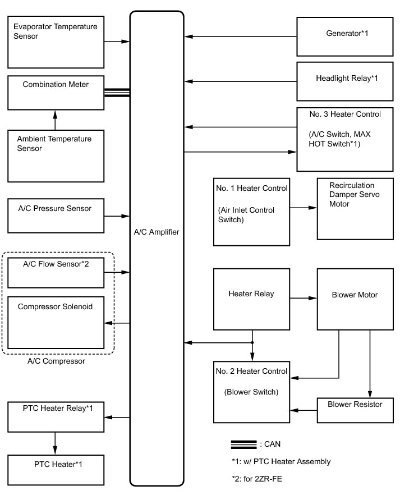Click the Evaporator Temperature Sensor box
tap(56, 42)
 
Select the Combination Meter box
tap(56, 93)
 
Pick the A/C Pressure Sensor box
tap(56, 216)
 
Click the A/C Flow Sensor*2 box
tap(56, 272)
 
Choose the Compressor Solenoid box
tap(56, 323)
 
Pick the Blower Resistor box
tap(355, 410)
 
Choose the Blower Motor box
tap(355, 299)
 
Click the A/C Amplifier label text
tap(157, 232)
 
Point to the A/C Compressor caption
tap(56, 361)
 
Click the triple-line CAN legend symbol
tap(243, 444)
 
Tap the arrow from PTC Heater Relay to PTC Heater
tap(55, 443)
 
